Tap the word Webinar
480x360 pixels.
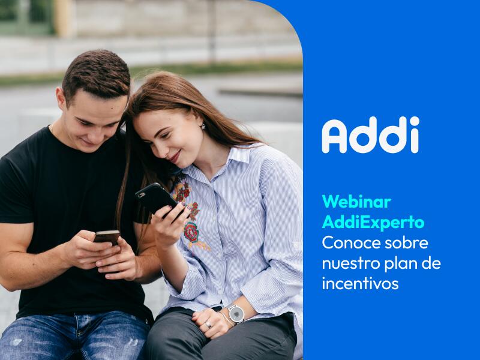tap(356, 202)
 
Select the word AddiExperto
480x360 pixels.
tap(373, 222)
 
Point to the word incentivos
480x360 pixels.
tap(360, 283)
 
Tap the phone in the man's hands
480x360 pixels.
tap(107, 237)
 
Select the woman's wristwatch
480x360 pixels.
tap(236, 313)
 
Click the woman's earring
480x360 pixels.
tap(202, 126)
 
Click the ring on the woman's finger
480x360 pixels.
tap(208, 325)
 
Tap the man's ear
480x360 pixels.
tap(61, 100)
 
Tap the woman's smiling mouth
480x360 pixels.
tap(172, 157)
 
